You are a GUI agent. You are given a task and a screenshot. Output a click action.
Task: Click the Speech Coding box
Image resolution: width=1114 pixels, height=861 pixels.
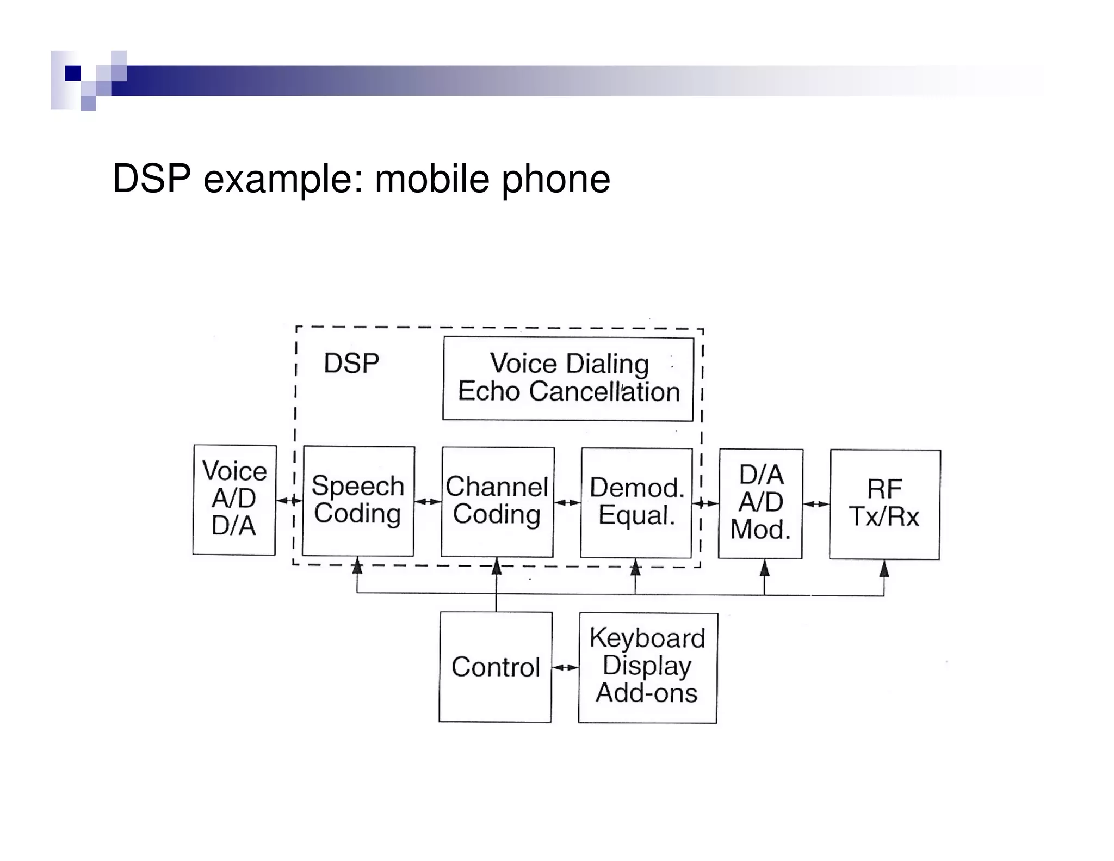(358, 501)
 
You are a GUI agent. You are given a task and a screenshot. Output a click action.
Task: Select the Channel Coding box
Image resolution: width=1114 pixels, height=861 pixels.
(497, 502)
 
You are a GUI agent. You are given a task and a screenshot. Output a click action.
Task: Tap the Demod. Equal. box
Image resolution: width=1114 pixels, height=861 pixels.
(636, 502)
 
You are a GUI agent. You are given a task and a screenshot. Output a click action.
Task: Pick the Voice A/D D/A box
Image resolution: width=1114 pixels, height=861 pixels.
(234, 500)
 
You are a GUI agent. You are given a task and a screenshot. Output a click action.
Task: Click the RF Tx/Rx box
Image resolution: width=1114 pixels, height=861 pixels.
(884, 504)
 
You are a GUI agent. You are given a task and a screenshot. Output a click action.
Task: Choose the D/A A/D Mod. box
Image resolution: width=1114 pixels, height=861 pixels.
(760, 503)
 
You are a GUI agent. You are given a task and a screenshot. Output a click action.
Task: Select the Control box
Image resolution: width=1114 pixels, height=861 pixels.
(496, 667)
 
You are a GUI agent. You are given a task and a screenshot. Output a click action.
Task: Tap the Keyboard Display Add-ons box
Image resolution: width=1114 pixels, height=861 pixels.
(647, 668)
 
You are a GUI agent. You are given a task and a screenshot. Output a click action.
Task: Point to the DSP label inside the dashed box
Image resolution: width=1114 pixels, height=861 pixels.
(351, 364)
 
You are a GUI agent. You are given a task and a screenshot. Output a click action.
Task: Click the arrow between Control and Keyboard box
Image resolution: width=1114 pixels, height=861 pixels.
(565, 667)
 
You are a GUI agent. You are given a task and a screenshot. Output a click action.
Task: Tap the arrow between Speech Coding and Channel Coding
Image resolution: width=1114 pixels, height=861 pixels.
(428, 502)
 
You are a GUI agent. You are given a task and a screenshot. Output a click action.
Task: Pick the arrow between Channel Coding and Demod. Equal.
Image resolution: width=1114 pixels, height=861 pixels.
(567, 502)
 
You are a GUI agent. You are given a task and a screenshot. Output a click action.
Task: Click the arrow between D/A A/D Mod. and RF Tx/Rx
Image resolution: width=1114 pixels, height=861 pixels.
(816, 504)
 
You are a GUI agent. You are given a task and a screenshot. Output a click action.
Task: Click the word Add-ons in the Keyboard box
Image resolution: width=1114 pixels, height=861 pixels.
(647, 693)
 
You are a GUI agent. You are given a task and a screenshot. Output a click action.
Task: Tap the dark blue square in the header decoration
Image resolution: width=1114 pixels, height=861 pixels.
(72, 73)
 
